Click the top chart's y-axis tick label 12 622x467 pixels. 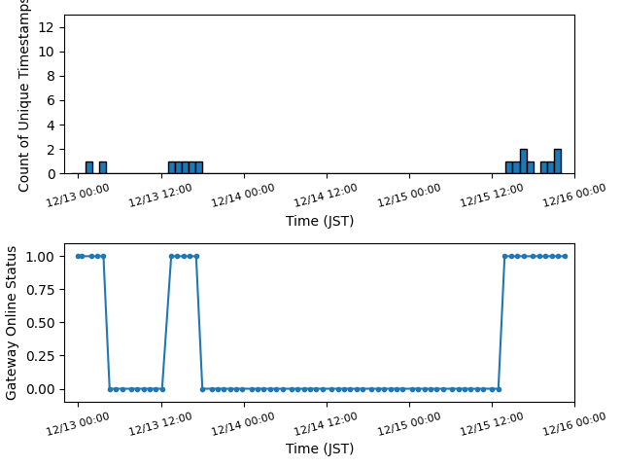[46, 27]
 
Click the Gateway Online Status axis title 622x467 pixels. [12, 323]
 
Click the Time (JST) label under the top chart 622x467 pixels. [320, 221]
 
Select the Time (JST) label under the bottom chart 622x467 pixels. [320, 449]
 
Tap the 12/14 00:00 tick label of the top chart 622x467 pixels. [244, 196]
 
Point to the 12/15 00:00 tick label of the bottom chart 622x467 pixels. [409, 423]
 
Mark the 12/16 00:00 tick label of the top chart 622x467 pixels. [574, 196]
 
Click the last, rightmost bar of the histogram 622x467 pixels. [558, 162]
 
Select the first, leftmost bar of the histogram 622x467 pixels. [89, 167]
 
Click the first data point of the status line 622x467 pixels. [78, 256]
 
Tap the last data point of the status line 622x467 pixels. [565, 256]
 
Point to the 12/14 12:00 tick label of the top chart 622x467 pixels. [327, 196]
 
